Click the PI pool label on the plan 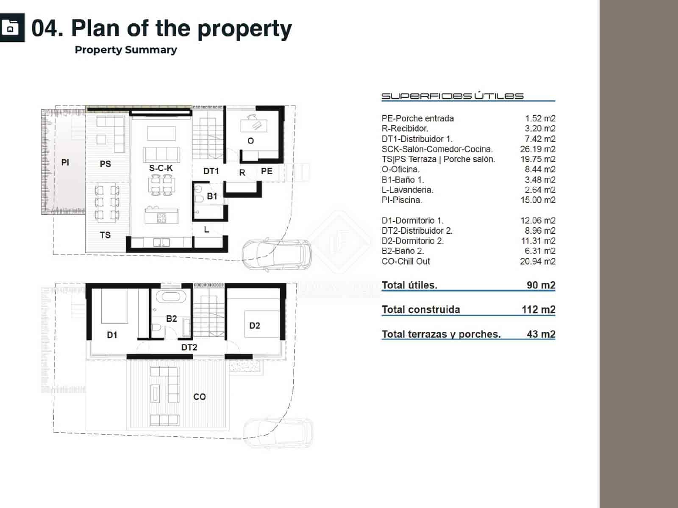[65, 162]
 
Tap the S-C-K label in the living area [161, 168]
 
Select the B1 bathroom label [212, 196]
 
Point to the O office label [251, 141]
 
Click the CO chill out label [200, 397]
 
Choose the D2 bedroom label [255, 326]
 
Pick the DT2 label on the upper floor [189, 348]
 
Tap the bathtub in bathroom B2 [171, 296]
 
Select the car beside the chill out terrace [278, 432]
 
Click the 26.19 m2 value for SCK [537, 149]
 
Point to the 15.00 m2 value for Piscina [538, 200]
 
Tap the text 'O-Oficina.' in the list [400, 169]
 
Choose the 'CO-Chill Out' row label [406, 261]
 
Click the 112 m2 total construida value [538, 309]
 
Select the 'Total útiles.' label [409, 285]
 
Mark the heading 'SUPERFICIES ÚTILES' [452, 96]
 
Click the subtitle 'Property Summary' [126, 50]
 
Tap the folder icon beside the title [11, 28]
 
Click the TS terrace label [105, 235]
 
